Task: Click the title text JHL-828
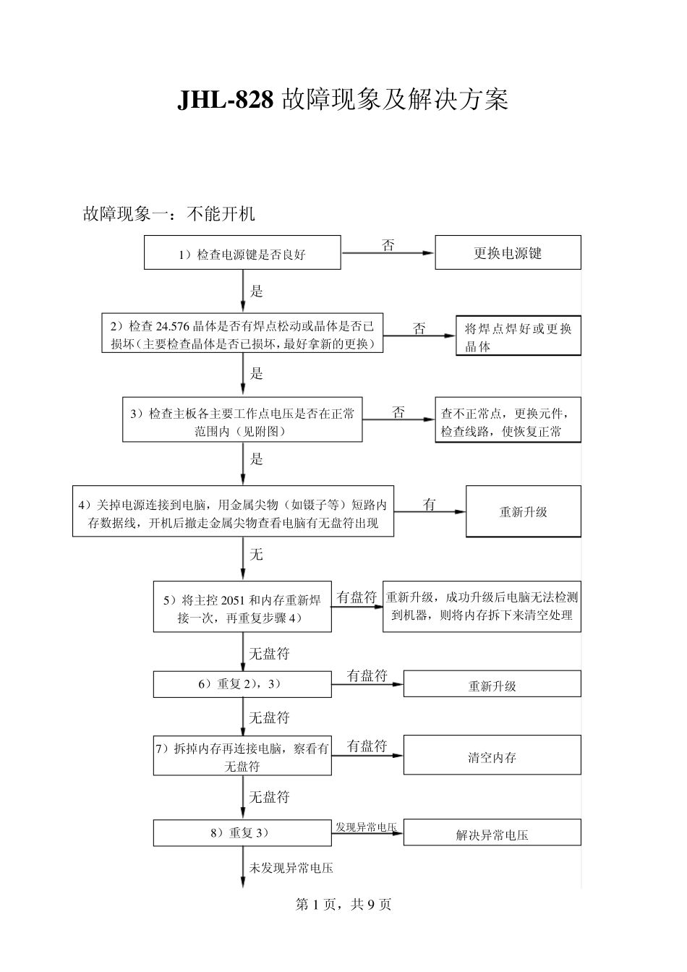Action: tap(225, 100)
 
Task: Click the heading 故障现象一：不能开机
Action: tap(169, 214)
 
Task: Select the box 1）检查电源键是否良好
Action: tap(242, 254)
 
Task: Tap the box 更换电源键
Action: tap(508, 253)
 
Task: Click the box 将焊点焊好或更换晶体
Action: tap(518, 337)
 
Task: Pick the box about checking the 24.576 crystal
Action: tap(242, 335)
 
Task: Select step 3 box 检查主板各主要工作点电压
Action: tap(242, 422)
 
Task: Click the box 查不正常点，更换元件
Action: tap(508, 422)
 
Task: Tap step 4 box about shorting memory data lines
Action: tap(233, 512)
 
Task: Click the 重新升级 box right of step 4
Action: tap(523, 511)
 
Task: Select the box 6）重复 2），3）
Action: tap(242, 683)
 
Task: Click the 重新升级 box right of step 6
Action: tap(492, 685)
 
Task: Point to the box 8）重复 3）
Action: tap(242, 832)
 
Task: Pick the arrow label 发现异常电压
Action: tap(367, 826)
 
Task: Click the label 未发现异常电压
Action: tap(291, 867)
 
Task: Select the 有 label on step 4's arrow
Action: tap(430, 504)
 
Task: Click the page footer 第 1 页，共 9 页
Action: tap(343, 904)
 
